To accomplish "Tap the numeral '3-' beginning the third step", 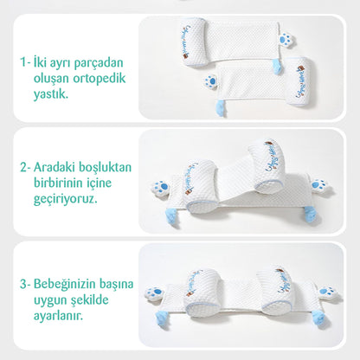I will click(26, 283).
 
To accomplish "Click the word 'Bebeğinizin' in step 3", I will click(75, 283).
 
